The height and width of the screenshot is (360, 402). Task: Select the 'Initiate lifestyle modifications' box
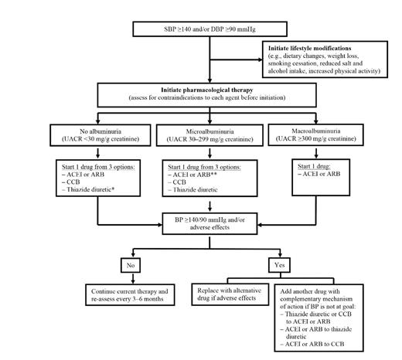point(325,61)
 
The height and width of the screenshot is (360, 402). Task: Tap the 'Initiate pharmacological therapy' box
point(203,95)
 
